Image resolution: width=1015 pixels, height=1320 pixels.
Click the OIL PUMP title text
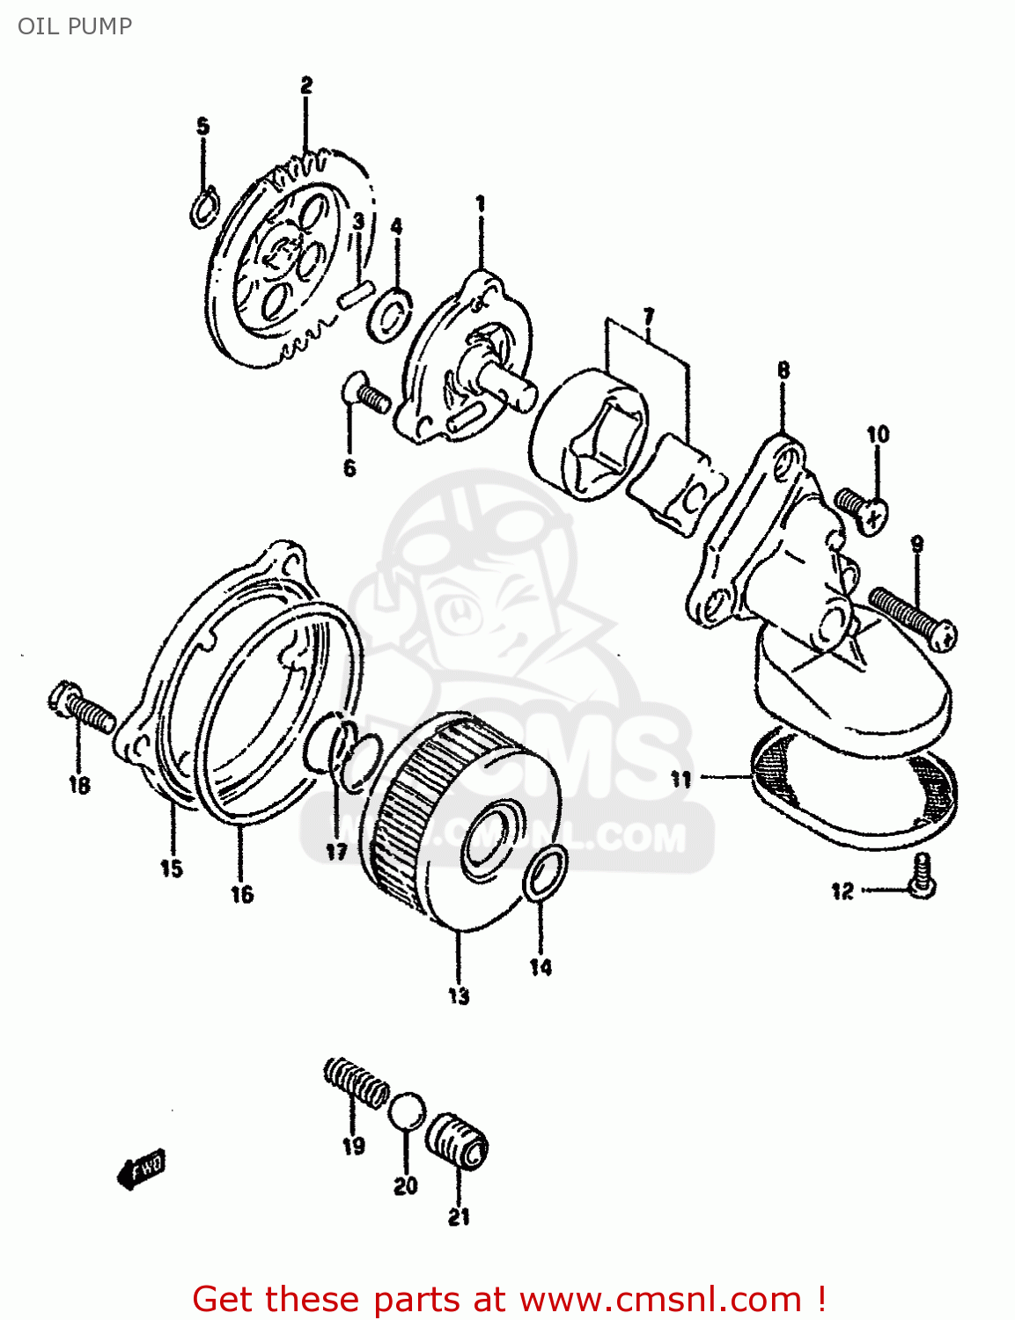pos(75,26)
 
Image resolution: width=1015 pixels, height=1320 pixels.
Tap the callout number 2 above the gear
pos(305,85)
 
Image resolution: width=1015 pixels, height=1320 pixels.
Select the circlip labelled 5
pos(204,208)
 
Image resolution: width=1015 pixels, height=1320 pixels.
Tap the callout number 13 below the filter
pos(459,996)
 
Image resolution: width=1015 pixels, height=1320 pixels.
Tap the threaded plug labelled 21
pos(458,1141)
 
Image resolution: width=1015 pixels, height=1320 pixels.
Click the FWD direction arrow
pos(141,1170)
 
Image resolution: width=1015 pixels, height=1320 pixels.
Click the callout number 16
pos(242,894)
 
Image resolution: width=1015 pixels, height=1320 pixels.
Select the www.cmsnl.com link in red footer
pos(660,1300)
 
